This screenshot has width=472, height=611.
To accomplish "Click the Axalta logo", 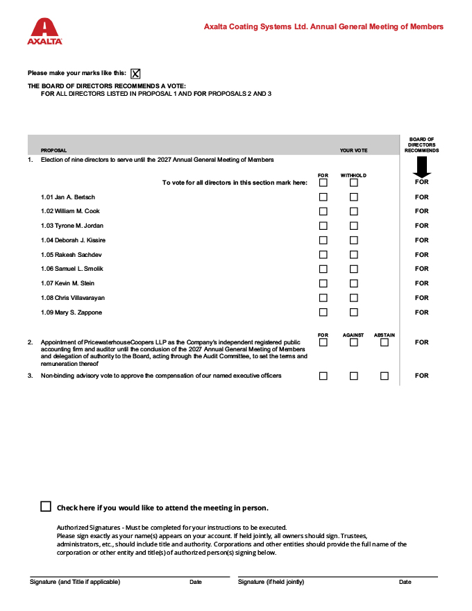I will tap(45, 32).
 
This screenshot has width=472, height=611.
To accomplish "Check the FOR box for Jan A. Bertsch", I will tap(323, 197).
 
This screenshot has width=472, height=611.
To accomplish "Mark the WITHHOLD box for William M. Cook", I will tap(354, 211).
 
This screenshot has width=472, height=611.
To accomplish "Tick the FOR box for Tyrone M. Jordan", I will tap(323, 226).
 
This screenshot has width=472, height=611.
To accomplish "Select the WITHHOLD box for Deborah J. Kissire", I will tap(354, 240).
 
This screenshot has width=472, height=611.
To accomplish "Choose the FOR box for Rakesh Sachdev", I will tap(323, 255).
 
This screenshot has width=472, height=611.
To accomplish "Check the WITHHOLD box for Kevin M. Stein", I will tap(354, 283).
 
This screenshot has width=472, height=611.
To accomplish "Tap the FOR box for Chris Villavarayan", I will tap(323, 298).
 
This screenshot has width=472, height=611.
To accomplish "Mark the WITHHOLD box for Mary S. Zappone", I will tap(354, 312).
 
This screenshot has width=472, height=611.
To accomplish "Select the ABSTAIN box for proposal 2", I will tap(385, 342).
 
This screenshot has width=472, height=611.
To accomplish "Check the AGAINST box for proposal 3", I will tap(354, 376).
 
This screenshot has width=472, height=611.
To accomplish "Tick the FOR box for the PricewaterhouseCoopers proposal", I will tap(323, 342).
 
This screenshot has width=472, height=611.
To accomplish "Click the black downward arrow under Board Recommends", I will tap(421, 167).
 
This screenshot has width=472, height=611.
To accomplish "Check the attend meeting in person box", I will tap(46, 507).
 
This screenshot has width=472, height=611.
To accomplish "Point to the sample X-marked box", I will tap(135, 74).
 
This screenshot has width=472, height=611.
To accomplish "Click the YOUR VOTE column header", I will tap(353, 151).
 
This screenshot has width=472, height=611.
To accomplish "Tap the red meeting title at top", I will tap(323, 27).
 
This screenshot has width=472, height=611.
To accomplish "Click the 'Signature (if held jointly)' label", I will tap(271, 582).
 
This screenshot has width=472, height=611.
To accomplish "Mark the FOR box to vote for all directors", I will tap(323, 183).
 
